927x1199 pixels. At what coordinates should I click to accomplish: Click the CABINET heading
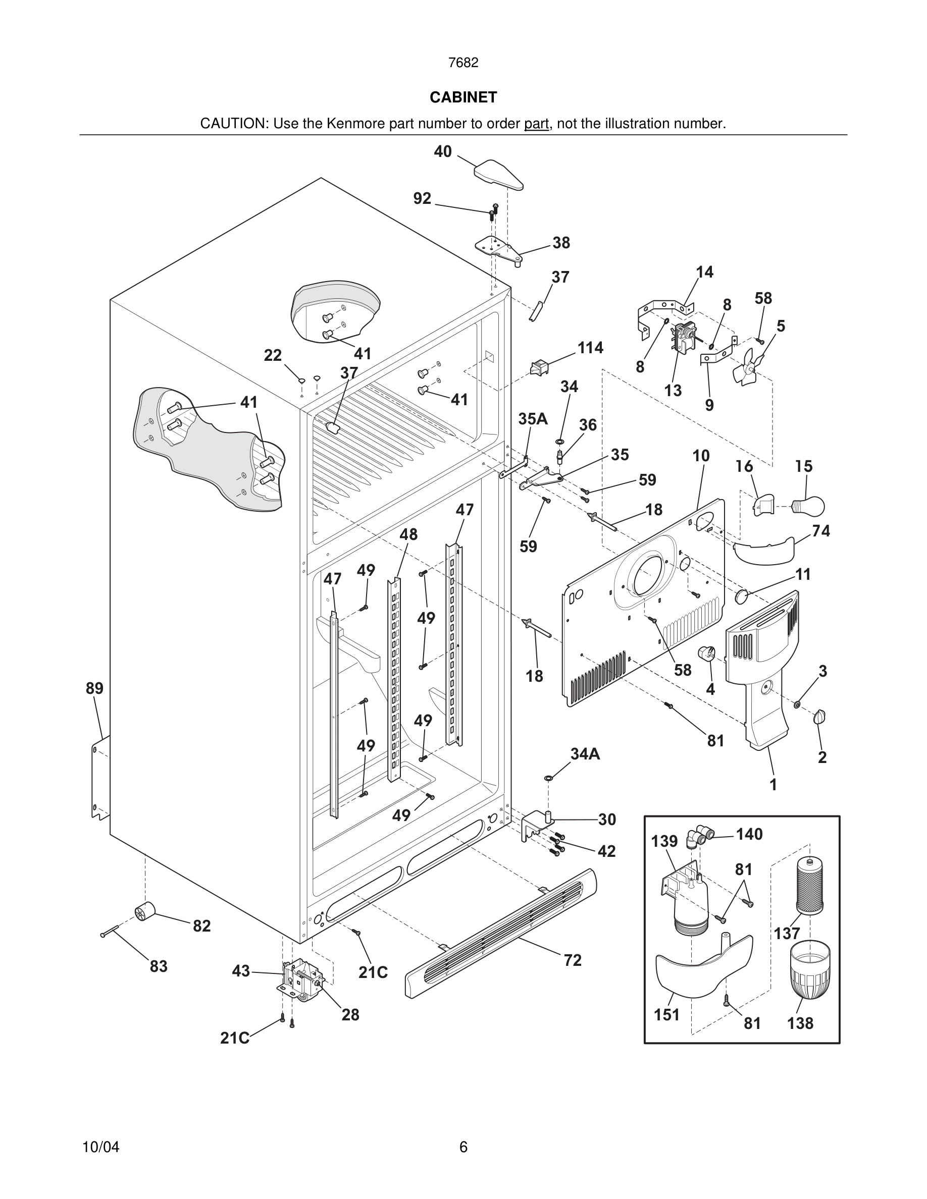click(463, 97)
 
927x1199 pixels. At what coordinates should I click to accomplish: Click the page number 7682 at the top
click(463, 63)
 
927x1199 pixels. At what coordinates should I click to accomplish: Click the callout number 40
click(443, 151)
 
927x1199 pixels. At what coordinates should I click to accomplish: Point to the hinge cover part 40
click(497, 175)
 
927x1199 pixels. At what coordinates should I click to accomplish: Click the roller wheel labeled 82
click(144, 912)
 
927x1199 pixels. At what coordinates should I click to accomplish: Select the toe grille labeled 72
click(500, 933)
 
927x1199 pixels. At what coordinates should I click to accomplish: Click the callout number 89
click(94, 688)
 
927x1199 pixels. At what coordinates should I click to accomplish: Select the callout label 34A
click(585, 754)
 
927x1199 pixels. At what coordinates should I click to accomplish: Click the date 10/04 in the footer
click(100, 1147)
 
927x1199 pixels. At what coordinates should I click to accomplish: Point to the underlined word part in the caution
click(536, 124)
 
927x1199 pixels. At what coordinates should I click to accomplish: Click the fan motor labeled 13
click(682, 337)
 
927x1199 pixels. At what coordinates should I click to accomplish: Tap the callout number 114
click(590, 348)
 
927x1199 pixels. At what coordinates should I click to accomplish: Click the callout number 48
click(408, 534)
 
